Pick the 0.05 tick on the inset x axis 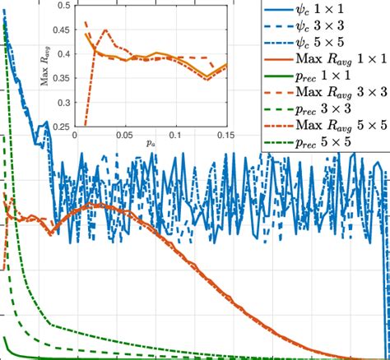[x=125, y=135]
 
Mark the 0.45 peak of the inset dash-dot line [x=105, y=30]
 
